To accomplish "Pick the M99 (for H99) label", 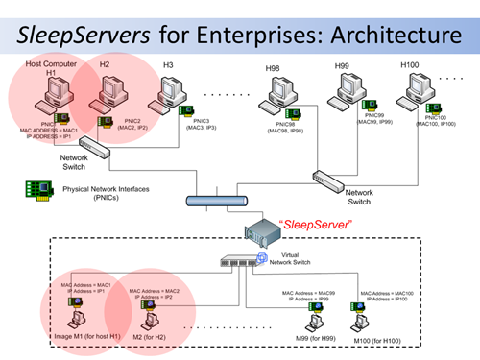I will pos(314,340).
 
